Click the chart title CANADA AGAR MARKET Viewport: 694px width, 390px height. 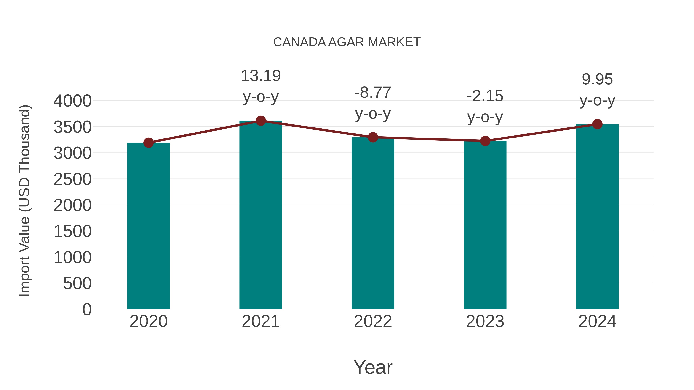[x=347, y=42]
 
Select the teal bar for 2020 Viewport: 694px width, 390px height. [x=148, y=226]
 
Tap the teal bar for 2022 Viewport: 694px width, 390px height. [x=373, y=223]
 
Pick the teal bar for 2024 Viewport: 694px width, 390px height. [x=597, y=217]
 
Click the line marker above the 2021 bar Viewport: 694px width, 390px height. [x=260, y=121]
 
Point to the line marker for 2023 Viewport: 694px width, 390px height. [x=485, y=141]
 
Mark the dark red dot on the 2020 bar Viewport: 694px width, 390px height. [x=148, y=143]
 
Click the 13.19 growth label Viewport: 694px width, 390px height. [x=260, y=76]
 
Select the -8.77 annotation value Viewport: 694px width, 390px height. [x=373, y=93]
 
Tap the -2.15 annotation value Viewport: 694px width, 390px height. [x=485, y=96]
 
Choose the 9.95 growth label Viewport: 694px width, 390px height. [x=597, y=79]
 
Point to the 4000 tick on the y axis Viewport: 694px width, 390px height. [x=72, y=101]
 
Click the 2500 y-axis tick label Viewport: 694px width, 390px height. [x=72, y=179]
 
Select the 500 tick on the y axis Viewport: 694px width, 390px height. [x=77, y=283]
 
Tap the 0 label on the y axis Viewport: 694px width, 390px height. [x=87, y=309]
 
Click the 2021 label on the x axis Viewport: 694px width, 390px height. [x=260, y=321]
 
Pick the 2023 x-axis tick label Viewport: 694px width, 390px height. [x=485, y=321]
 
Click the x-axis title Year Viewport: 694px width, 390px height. [x=373, y=367]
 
